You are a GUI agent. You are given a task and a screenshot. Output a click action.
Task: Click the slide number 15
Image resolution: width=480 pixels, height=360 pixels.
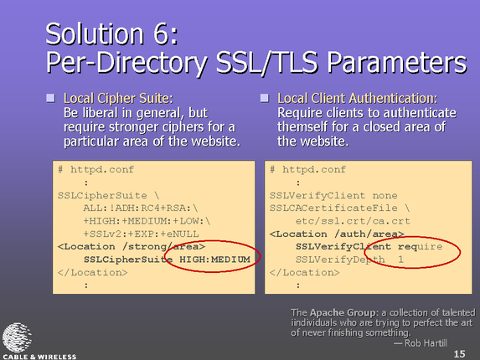pyautogui.click(x=459, y=354)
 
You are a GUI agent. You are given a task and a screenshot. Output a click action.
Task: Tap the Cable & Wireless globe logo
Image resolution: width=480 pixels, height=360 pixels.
pyautogui.click(x=17, y=337)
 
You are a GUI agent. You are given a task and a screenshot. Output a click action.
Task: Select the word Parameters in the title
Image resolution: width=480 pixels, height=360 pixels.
pyautogui.click(x=397, y=63)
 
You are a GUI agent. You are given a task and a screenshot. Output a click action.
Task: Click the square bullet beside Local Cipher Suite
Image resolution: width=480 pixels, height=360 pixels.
pyautogui.click(x=50, y=98)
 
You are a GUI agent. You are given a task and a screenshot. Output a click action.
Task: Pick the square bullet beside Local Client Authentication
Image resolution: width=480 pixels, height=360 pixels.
pyautogui.click(x=265, y=98)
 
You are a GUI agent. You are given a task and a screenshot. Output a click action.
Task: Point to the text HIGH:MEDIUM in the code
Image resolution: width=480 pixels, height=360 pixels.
pyautogui.click(x=214, y=260)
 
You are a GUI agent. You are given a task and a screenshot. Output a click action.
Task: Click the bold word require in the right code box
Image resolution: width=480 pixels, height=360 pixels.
pyautogui.click(x=420, y=247)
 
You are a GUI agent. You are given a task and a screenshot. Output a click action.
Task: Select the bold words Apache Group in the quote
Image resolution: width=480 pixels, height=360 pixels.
pyautogui.click(x=343, y=312)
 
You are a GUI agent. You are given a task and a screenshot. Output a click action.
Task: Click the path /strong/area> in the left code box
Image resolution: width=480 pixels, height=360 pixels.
pyautogui.click(x=163, y=246)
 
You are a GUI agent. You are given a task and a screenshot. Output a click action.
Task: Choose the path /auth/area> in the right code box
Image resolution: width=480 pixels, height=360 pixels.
pyautogui.click(x=369, y=234)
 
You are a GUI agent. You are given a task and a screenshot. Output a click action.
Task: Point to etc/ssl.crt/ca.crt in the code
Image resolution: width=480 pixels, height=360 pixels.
pyautogui.click(x=353, y=221)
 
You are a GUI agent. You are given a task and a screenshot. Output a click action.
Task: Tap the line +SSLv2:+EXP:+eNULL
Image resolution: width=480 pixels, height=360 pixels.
pyautogui.click(x=141, y=234)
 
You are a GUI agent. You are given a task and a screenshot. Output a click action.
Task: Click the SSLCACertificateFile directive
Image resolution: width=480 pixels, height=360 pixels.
pyautogui.click(x=333, y=208)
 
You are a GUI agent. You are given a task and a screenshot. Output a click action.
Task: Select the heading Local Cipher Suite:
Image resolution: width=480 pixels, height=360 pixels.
pyautogui.click(x=118, y=99)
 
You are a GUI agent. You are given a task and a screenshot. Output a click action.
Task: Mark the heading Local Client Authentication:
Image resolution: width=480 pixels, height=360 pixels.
pyautogui.click(x=357, y=99)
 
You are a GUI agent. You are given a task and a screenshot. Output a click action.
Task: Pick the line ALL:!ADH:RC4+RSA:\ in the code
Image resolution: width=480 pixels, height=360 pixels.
pyautogui.click(x=141, y=208)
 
